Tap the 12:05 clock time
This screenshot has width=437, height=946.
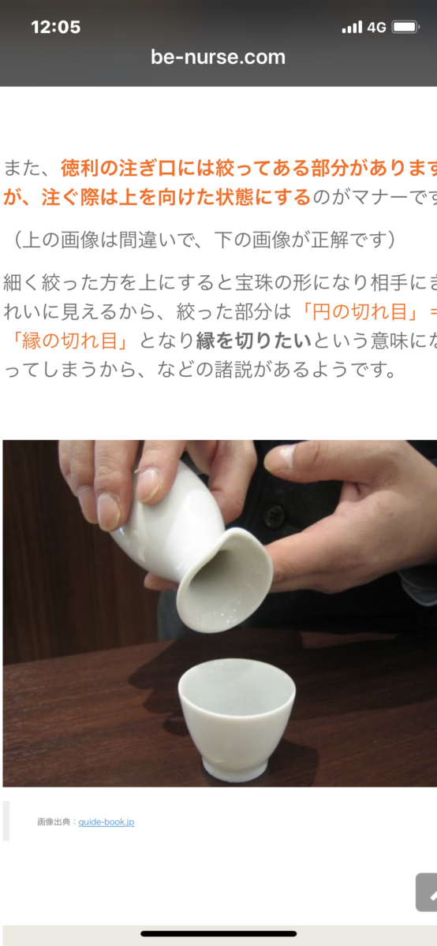(x=55, y=28)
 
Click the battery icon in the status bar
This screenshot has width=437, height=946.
(x=405, y=28)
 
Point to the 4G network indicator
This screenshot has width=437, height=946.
(x=376, y=28)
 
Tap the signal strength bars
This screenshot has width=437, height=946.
(x=352, y=28)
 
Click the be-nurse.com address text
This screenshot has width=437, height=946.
(x=218, y=57)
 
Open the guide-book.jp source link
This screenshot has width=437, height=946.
(x=106, y=821)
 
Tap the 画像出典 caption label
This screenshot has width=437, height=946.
(x=54, y=821)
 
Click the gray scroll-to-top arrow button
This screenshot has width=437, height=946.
(x=427, y=892)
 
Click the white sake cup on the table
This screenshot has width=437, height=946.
(x=237, y=719)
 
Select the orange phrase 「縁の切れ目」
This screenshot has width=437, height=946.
(x=69, y=341)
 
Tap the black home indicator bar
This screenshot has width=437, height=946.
(x=218, y=933)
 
